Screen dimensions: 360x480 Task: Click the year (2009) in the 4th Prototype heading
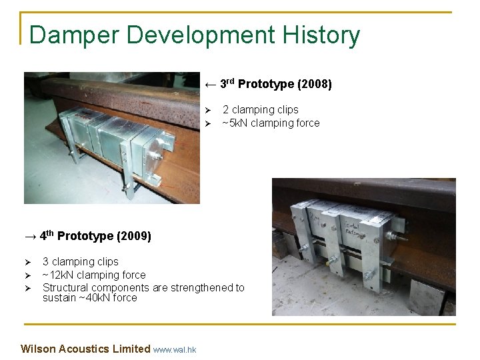[133, 236]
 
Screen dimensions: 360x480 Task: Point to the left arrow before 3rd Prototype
[210, 85]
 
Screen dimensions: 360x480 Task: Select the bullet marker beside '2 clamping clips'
[207, 110]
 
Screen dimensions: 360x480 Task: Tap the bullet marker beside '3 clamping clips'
[27, 262]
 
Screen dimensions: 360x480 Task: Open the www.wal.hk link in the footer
[175, 349]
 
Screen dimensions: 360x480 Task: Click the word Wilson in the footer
[38, 349]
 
